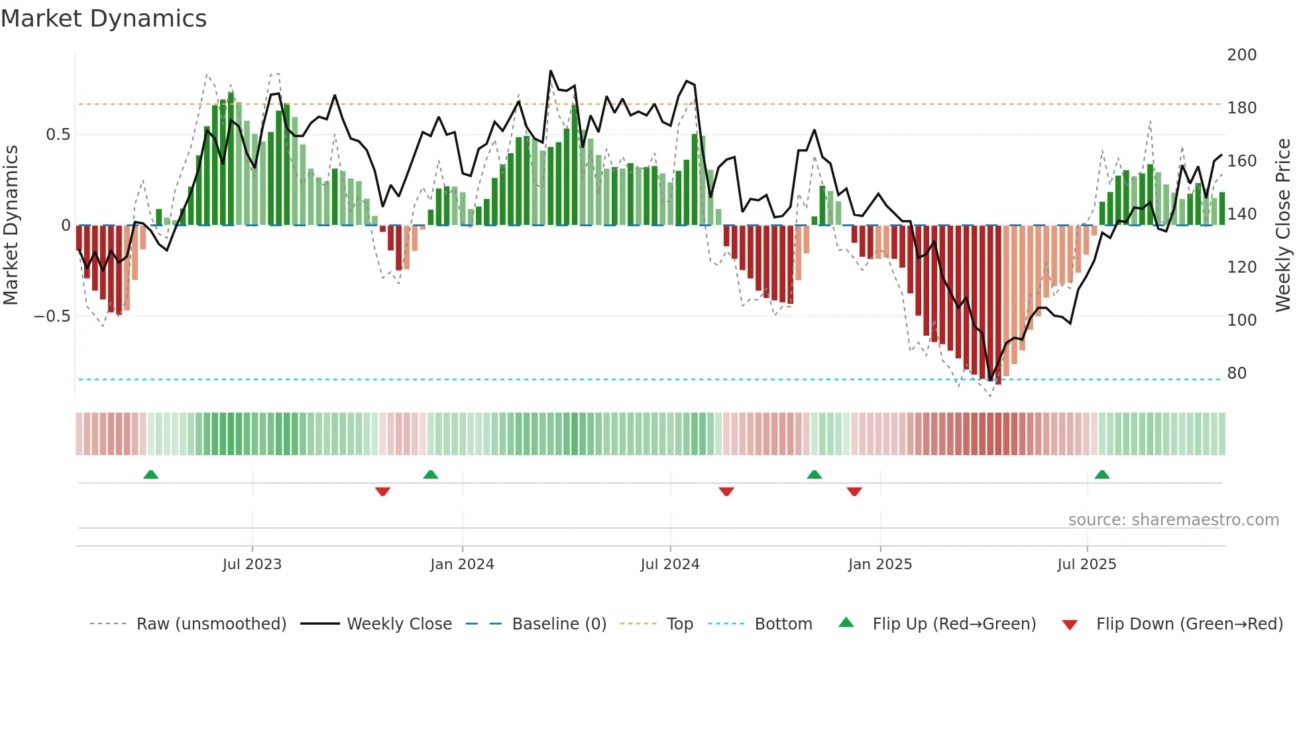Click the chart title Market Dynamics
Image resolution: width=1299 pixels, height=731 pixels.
(104, 19)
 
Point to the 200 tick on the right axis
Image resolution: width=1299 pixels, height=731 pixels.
(1241, 54)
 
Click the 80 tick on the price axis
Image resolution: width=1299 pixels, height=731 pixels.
(1237, 373)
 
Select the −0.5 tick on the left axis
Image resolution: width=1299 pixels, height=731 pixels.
(52, 316)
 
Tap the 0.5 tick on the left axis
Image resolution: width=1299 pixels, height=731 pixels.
(58, 135)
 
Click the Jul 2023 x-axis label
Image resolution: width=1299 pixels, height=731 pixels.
(252, 564)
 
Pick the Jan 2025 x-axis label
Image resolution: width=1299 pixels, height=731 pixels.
(879, 564)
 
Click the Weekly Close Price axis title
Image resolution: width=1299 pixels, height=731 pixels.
(1283, 225)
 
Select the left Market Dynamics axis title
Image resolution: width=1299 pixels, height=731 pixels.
(11, 225)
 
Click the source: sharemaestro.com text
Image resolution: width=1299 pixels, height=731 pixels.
(1173, 519)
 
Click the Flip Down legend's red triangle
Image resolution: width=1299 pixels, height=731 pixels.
(1070, 625)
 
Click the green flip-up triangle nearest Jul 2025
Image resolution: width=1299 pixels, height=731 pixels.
(1102, 474)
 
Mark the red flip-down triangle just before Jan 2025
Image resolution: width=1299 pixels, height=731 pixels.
(854, 492)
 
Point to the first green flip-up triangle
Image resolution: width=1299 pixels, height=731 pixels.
(151, 474)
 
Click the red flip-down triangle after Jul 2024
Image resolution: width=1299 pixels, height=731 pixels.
(726, 492)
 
